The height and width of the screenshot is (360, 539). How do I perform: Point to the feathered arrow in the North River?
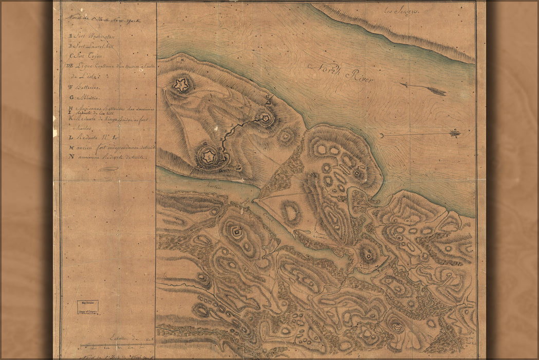pyautogui.click(x=424, y=89)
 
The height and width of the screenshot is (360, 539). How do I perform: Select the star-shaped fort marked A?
pyautogui.click(x=181, y=85)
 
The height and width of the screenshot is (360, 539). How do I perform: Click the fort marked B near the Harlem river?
pyautogui.click(x=208, y=156)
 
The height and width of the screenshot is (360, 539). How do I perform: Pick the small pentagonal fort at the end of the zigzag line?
pyautogui.click(x=265, y=118)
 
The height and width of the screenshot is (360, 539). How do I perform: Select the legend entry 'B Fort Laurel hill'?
pyautogui.click(x=92, y=46)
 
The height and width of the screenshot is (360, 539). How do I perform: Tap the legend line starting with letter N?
pyautogui.click(x=108, y=157)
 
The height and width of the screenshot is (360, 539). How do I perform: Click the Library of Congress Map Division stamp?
pyautogui.click(x=88, y=307)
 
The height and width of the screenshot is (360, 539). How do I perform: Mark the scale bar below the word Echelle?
pyautogui.click(x=116, y=345)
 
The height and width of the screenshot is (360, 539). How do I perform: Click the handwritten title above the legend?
pyautogui.click(x=103, y=21)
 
